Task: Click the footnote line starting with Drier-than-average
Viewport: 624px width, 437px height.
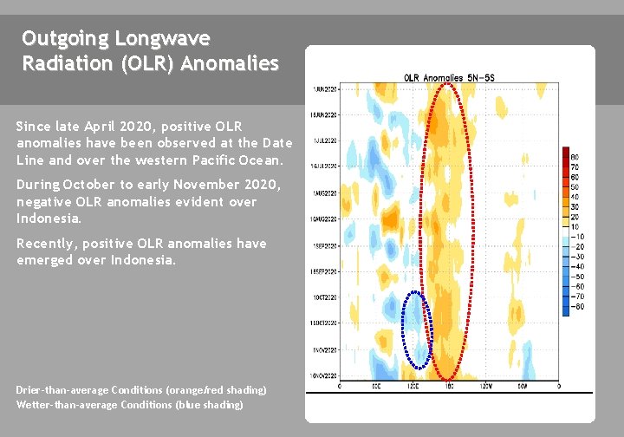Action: coord(141,390)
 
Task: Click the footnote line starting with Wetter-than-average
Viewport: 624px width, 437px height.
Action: coord(129,404)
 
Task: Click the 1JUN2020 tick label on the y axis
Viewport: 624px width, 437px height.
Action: coord(326,88)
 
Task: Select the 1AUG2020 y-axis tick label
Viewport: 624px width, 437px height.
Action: coord(326,192)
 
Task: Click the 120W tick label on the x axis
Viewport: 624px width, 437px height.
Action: coord(485,385)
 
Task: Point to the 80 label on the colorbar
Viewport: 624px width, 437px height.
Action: coord(575,157)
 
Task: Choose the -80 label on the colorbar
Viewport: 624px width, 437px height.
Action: coord(576,305)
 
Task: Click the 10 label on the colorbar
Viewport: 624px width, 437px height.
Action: coord(575,226)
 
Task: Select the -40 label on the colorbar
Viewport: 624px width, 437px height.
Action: coord(576,266)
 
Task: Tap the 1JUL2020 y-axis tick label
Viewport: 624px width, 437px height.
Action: coord(326,140)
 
